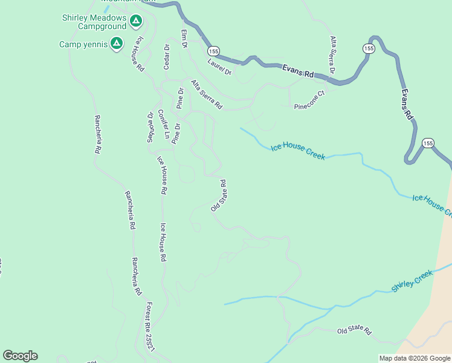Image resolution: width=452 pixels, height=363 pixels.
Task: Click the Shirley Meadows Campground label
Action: click(x=94, y=22)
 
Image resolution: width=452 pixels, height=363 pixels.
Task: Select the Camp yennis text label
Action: click(x=83, y=44)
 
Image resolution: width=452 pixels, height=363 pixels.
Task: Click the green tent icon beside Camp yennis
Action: click(x=116, y=44)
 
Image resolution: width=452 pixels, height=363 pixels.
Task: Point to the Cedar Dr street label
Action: click(x=167, y=56)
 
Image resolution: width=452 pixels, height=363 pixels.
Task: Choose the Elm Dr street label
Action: click(x=184, y=38)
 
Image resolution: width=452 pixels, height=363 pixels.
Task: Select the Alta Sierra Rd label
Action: click(x=207, y=94)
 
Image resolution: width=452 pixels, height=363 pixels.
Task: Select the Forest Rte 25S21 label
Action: click(x=150, y=327)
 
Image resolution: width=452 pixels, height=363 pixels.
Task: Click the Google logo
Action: click(x=20, y=356)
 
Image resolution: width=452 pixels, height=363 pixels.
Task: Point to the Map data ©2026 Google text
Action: click(x=413, y=358)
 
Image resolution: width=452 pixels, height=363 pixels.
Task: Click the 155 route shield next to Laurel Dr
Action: click(x=212, y=51)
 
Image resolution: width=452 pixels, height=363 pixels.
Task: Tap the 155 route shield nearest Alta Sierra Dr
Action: click(x=368, y=47)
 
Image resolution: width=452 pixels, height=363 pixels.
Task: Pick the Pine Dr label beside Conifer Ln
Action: click(x=176, y=134)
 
